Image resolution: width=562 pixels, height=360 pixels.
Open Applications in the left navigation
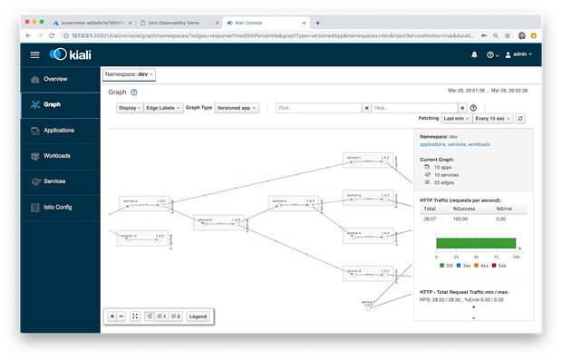click(59, 130)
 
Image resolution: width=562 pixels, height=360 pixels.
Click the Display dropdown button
click(129, 107)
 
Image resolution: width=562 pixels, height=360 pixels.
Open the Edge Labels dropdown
click(163, 107)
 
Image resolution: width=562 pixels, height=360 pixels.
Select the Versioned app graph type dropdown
click(237, 107)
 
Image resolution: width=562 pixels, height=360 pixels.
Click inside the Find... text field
click(318, 107)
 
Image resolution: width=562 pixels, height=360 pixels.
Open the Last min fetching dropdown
click(455, 119)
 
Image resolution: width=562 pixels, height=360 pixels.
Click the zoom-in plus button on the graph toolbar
click(112, 316)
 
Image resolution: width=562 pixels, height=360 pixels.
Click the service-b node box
click(218, 222)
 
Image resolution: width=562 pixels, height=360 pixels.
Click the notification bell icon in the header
click(473, 54)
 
